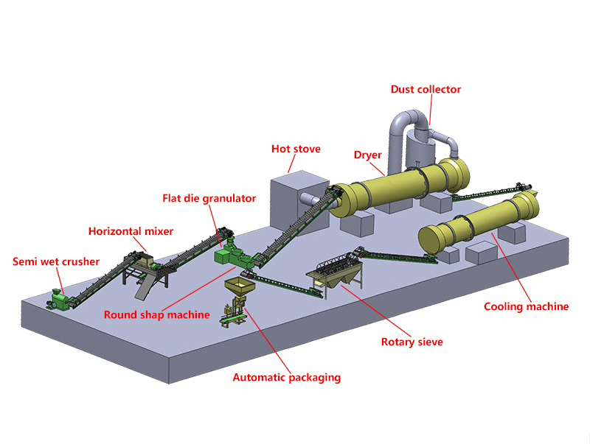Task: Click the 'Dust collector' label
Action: point(426,89)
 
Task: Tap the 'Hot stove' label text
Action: point(296,149)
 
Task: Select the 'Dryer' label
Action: point(367,155)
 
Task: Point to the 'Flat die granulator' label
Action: point(209,198)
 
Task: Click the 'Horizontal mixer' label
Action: point(131,231)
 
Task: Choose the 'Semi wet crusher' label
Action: point(56,261)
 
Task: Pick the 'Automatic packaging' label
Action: point(286,377)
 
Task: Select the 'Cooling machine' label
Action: point(526,306)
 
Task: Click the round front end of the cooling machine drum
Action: point(436,241)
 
